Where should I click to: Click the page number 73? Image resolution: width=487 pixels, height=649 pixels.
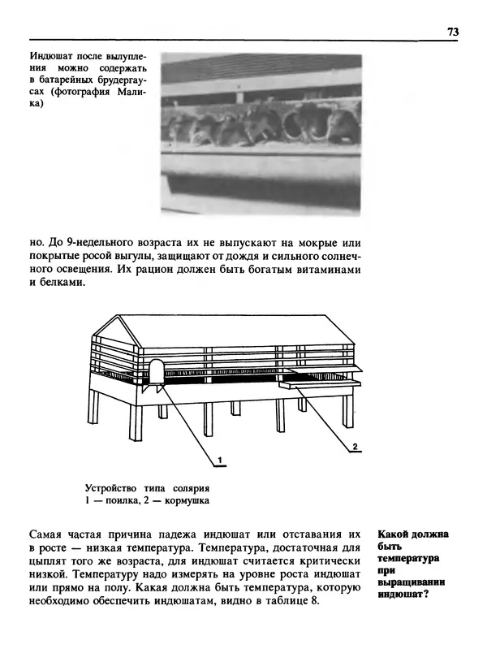[452, 32]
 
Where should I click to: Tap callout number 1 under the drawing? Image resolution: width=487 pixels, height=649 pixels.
[218, 460]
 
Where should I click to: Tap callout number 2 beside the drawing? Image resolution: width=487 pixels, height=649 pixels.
[355, 446]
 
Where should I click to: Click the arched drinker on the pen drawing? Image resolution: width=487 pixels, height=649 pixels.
[155, 371]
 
